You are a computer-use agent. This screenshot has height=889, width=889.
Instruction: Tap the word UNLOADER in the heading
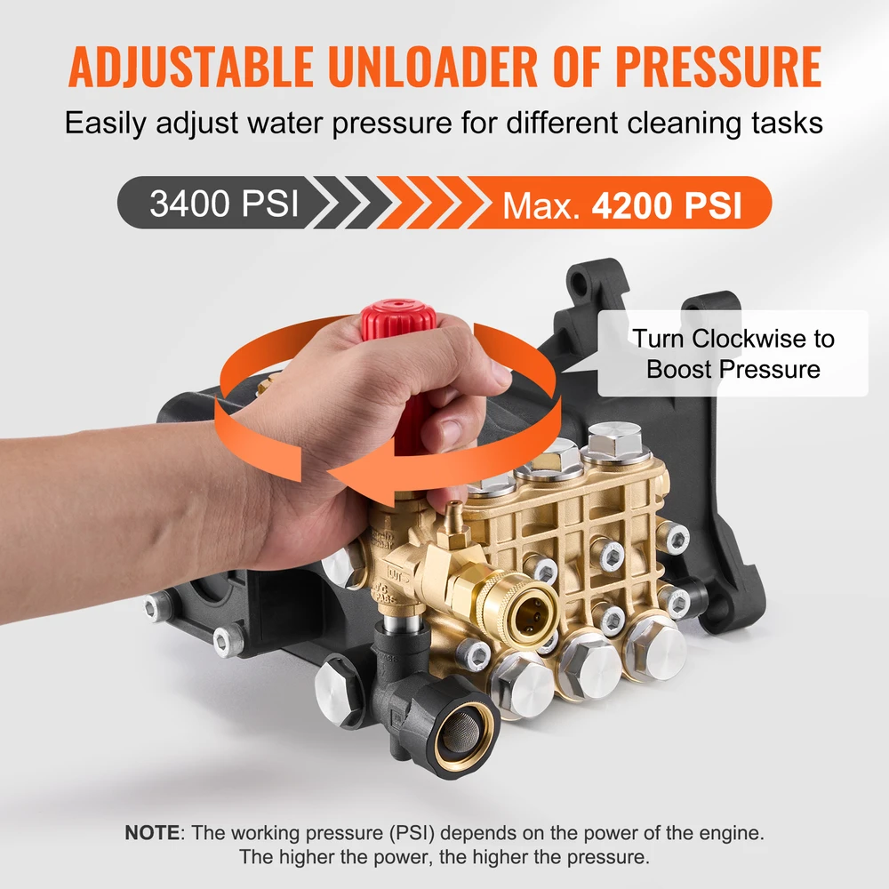click(432, 67)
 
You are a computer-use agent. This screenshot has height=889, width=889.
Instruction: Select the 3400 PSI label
click(224, 203)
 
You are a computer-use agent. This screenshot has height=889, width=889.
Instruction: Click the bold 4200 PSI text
click(667, 204)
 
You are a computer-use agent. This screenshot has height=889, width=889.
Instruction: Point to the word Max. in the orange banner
click(541, 205)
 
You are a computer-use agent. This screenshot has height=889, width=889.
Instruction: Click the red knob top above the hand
click(398, 318)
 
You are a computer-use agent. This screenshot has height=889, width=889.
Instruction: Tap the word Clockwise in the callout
click(749, 339)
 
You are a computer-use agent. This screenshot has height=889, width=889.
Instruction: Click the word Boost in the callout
click(677, 369)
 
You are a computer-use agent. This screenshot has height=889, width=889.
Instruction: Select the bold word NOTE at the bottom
click(152, 832)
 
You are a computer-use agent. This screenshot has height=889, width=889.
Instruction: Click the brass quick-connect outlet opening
click(532, 613)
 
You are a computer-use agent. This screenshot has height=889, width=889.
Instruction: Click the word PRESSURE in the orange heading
click(718, 67)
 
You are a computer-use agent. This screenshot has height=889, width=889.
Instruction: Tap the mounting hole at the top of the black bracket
click(580, 281)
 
